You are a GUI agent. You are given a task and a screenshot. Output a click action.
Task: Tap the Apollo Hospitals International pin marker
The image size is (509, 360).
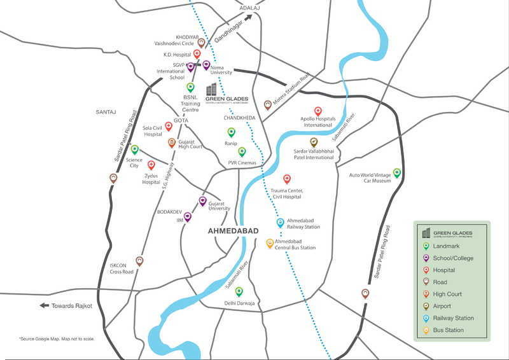tap(318, 111)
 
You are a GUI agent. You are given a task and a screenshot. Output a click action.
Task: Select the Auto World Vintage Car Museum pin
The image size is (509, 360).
tap(396, 172)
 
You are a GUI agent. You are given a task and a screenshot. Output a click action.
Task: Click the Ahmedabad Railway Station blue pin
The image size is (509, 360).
tap(280, 223)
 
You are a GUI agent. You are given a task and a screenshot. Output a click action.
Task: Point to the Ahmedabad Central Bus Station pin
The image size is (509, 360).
tap(270, 244)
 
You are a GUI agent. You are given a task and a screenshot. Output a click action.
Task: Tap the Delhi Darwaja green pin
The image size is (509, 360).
tap(239, 292)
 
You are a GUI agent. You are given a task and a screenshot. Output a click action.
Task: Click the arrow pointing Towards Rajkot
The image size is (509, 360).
tap(45, 305)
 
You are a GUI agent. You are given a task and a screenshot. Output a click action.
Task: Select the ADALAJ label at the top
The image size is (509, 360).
tap(249, 7)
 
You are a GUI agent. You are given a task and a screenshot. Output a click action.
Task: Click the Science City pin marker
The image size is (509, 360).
tap(134, 150)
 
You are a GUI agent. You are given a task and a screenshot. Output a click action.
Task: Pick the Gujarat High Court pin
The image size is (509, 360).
tap(172, 143)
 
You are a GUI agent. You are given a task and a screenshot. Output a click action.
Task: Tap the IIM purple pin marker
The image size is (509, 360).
tap(188, 217)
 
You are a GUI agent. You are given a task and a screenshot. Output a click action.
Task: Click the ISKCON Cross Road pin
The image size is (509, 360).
tap(139, 261)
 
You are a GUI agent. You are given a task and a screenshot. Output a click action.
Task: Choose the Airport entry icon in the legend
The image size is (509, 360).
tap(426, 306)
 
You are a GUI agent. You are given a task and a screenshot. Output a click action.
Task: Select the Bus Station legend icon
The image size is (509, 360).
tap(426, 330)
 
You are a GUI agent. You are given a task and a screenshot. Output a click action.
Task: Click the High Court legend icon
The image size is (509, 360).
tap(426, 294)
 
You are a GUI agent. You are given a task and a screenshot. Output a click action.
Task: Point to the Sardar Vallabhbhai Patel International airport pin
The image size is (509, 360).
tap(314, 142)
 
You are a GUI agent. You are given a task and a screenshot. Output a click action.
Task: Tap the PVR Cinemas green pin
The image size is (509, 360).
tap(242, 151)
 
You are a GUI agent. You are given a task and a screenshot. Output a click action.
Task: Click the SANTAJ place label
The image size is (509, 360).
tap(106, 112)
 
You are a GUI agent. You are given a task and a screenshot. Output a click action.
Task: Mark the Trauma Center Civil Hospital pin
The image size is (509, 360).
tap(287, 179)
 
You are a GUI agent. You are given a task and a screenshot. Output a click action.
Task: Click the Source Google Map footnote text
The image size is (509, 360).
tap(57, 338)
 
